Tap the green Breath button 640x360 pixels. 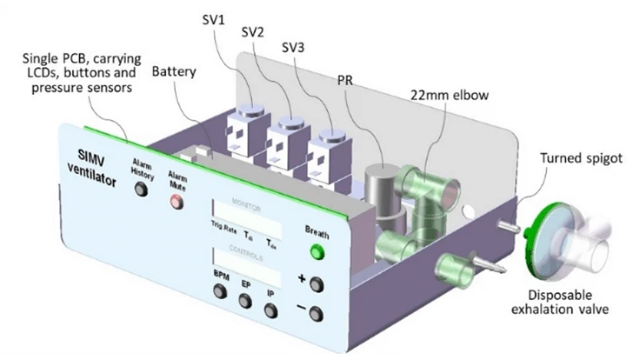pos(317,253)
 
